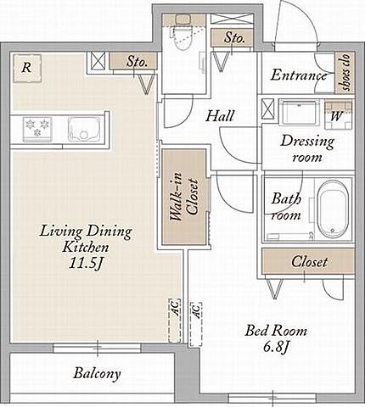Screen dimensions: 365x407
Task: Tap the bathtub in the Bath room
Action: (x=332, y=209)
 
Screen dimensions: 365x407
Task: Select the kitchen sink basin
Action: (x=83, y=130)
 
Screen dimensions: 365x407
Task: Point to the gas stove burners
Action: (x=37, y=129)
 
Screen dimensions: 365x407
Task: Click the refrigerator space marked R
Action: (x=27, y=68)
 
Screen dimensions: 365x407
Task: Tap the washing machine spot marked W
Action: (x=339, y=115)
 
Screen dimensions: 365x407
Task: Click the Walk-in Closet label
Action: (x=184, y=199)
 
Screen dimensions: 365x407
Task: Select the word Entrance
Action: (x=299, y=75)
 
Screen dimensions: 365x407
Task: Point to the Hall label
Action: (x=220, y=116)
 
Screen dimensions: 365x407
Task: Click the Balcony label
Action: (x=97, y=373)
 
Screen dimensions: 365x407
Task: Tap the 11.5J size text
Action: (x=86, y=264)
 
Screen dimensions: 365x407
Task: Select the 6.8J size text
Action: (x=276, y=347)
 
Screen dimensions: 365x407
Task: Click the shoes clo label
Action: (x=345, y=73)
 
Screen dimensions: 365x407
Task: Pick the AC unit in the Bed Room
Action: (x=196, y=324)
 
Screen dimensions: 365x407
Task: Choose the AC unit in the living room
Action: (x=175, y=321)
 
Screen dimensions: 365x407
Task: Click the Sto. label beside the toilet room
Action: (x=234, y=38)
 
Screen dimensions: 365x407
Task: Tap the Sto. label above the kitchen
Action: (x=137, y=61)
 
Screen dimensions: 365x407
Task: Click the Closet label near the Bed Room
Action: (x=310, y=262)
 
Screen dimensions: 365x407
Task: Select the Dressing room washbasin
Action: (x=299, y=113)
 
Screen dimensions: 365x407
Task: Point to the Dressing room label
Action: (x=307, y=148)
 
